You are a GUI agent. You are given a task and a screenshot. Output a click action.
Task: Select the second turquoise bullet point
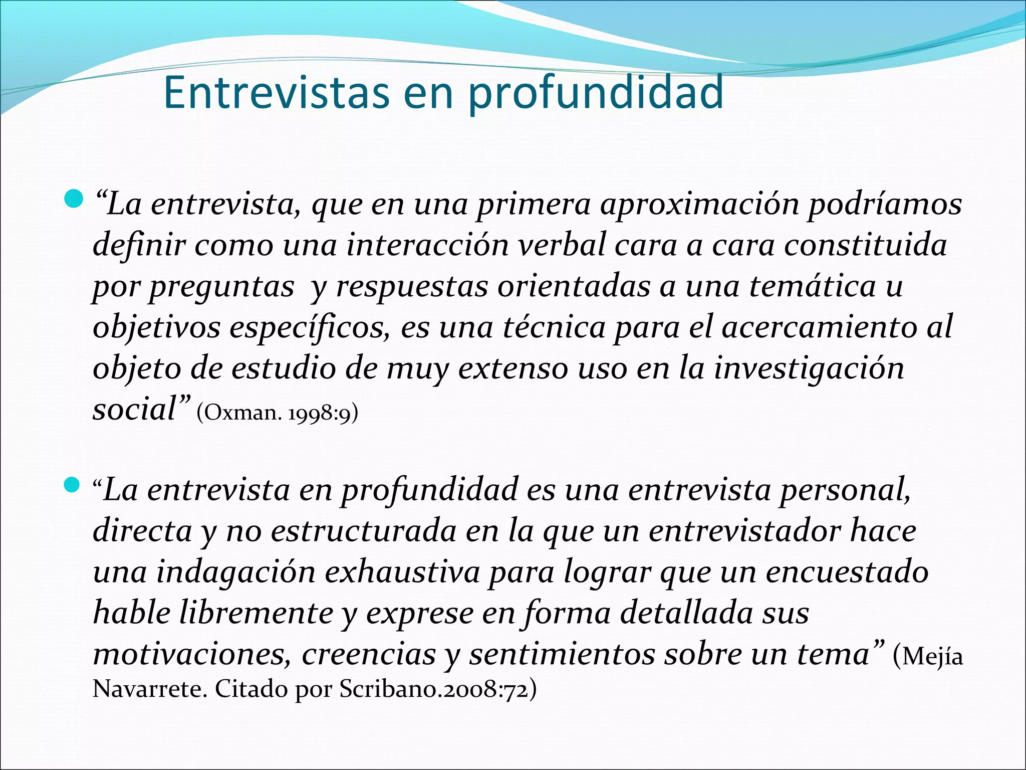tap(73, 485)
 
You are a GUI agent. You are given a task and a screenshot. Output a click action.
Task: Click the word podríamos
tap(885, 205)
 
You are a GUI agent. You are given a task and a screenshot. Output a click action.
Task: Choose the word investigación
tap(809, 369)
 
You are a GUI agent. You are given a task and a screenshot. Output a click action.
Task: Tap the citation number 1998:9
tap(320, 413)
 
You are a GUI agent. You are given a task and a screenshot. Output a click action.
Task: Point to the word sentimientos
tap(562, 655)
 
